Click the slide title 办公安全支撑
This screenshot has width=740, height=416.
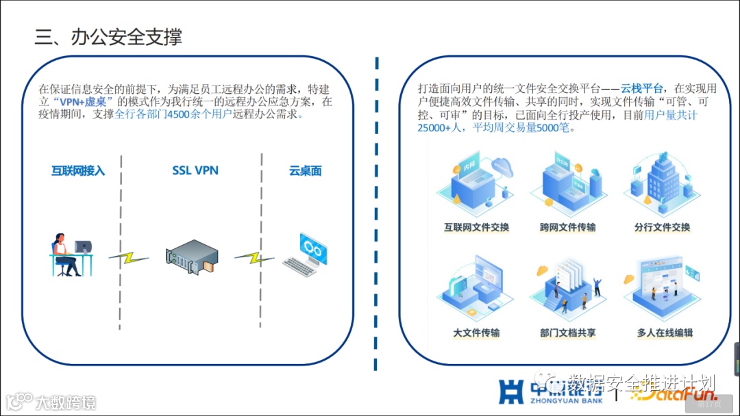[x=108, y=36]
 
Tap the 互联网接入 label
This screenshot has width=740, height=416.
[x=78, y=171]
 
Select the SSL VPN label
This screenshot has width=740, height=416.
[x=195, y=170]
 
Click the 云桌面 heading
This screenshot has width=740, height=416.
[x=305, y=171]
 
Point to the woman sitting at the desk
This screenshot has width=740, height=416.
[x=64, y=255]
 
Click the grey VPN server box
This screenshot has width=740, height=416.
[x=192, y=256]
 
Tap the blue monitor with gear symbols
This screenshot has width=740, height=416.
[x=313, y=248]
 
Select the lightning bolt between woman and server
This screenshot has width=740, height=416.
[x=129, y=257]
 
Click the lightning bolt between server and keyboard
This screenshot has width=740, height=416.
[x=254, y=258]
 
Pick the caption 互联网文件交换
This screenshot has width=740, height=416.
[x=477, y=227]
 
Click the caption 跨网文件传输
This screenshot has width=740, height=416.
[x=567, y=227]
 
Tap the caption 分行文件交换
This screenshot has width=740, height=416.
[x=662, y=227]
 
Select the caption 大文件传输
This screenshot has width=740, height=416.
[x=476, y=333]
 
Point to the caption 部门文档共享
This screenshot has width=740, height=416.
[x=567, y=333]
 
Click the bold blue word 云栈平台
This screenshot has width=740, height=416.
[x=641, y=88]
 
